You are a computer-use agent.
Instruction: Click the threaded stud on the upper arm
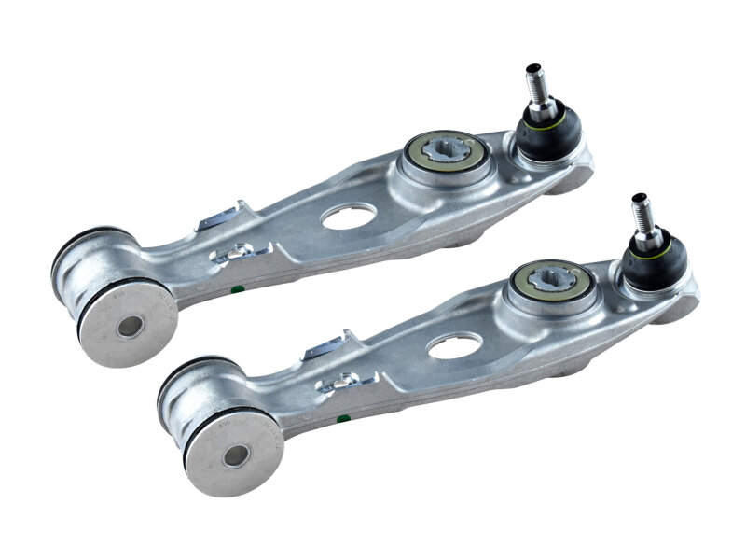pyautogui.click(x=537, y=81)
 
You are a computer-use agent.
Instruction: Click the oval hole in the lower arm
pyautogui.click(x=453, y=345)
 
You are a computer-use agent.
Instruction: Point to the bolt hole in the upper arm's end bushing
pyautogui.click(x=130, y=327)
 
